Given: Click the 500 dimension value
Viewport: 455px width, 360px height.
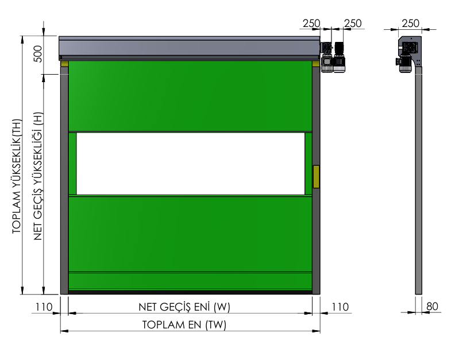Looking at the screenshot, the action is click(38, 54).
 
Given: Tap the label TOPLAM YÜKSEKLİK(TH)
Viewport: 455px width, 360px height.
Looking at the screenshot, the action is click(17, 176).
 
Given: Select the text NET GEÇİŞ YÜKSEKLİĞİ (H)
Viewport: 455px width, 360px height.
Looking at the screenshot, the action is click(38, 176).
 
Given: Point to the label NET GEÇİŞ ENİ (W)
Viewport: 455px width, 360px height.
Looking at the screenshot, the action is click(184, 307).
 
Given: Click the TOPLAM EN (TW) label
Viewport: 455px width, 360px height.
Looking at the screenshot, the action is click(184, 324).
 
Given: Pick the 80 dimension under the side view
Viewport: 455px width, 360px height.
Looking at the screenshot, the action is click(432, 307).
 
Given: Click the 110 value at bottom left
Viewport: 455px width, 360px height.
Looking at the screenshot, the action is click(44, 307).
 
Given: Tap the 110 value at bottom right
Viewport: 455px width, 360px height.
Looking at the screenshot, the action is click(340, 307).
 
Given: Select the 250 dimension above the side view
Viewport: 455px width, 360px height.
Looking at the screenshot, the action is click(411, 23).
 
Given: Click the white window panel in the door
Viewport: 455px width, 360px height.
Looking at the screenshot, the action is click(190, 164).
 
